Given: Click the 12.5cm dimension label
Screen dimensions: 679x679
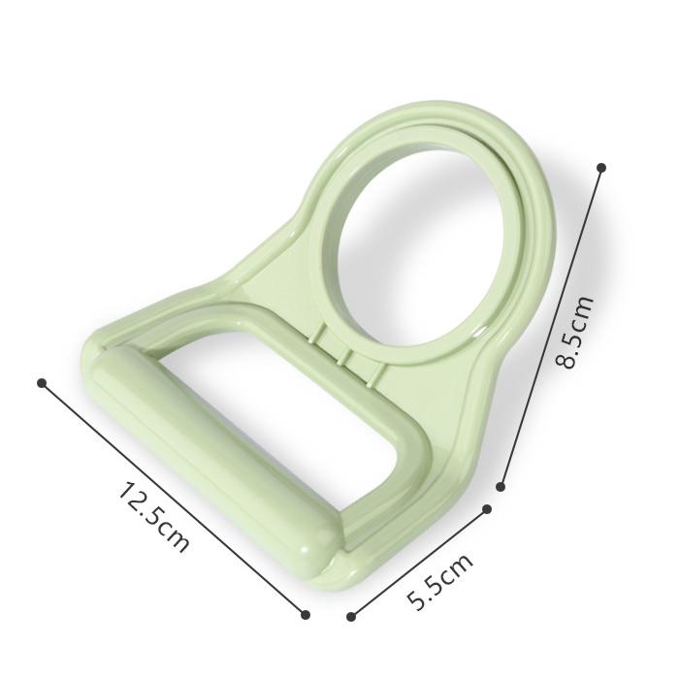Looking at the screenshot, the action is click(153, 517).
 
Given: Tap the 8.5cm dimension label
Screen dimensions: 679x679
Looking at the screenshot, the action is click(574, 332).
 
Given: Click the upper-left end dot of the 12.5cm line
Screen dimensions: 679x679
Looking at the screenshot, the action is click(42, 383).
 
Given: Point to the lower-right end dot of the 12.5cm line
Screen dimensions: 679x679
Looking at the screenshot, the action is click(306, 614).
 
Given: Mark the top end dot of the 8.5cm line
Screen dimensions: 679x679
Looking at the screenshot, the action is click(601, 167).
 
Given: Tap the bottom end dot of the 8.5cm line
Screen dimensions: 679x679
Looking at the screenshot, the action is click(501, 487).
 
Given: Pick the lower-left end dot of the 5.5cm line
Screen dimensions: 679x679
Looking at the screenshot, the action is click(351, 616).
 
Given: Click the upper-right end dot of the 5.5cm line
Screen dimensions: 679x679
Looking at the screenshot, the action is click(487, 509).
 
